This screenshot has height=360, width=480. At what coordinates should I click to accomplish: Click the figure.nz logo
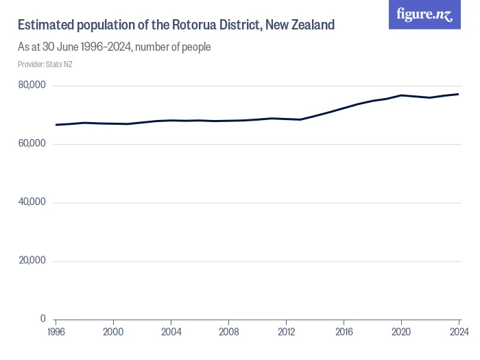pyautogui.click(x=424, y=14)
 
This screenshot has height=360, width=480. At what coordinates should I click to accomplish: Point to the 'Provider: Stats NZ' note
pyautogui.click(x=45, y=64)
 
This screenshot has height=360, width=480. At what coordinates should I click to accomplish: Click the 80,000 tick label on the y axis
pyautogui.click(x=32, y=86)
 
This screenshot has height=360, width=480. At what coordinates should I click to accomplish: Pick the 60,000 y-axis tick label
pyautogui.click(x=32, y=144)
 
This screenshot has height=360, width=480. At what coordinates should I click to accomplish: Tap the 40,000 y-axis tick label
pyautogui.click(x=32, y=202)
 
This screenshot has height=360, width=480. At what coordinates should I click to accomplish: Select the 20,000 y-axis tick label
pyautogui.click(x=32, y=261)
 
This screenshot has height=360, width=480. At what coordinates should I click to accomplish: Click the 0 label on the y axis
pyautogui.click(x=43, y=319)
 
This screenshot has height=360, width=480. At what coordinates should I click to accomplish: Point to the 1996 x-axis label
pyautogui.click(x=56, y=333)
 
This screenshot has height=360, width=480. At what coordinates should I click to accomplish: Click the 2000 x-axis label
pyautogui.click(x=113, y=333)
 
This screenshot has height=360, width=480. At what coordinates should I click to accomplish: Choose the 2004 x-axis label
pyautogui.click(x=171, y=333)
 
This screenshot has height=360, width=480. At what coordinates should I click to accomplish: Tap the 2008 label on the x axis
pyautogui.click(x=228, y=333)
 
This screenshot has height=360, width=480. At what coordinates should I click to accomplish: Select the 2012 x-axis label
pyautogui.click(x=286, y=333)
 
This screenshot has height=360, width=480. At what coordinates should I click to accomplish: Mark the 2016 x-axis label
pyautogui.click(x=344, y=333)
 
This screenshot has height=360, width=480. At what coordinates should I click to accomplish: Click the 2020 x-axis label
pyautogui.click(x=401, y=333)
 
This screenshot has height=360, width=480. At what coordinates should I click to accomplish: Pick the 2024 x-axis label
pyautogui.click(x=458, y=333)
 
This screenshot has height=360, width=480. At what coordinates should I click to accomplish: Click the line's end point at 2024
pyautogui.click(x=459, y=94)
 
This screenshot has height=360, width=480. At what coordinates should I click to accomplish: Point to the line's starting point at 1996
pyautogui.click(x=56, y=125)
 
